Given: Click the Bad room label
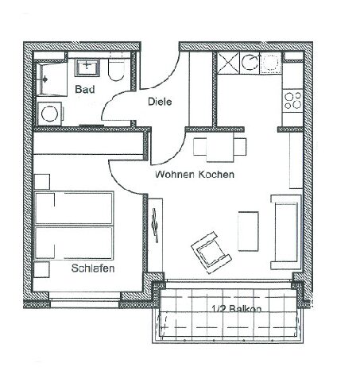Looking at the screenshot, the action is coord(85,89).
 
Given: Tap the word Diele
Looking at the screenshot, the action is coord(160,102).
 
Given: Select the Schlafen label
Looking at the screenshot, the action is coord(93,268).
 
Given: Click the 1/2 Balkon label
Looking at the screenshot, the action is coord(237,308).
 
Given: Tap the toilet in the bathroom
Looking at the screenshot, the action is coord(116,70).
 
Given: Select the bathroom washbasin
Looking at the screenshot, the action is coord(87,68).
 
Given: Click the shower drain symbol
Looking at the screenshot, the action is coord(45,79).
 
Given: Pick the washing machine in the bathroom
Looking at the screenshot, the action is coord(50,114).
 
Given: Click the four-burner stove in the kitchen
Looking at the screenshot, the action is coord(292,100).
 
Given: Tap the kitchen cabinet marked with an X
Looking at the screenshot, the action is coord(228,63).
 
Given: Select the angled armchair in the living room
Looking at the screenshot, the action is coord(211,253).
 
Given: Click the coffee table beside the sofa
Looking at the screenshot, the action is coord(248,231).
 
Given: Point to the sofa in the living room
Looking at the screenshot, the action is coord(286,232).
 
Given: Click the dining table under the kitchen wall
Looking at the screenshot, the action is coord(220,147).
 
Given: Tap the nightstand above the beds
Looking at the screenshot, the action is coord(42,182).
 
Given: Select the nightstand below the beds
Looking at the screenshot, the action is coord(41,269).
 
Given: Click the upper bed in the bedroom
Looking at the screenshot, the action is coord(74,208).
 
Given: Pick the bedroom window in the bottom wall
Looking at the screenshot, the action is coord(85,299).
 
